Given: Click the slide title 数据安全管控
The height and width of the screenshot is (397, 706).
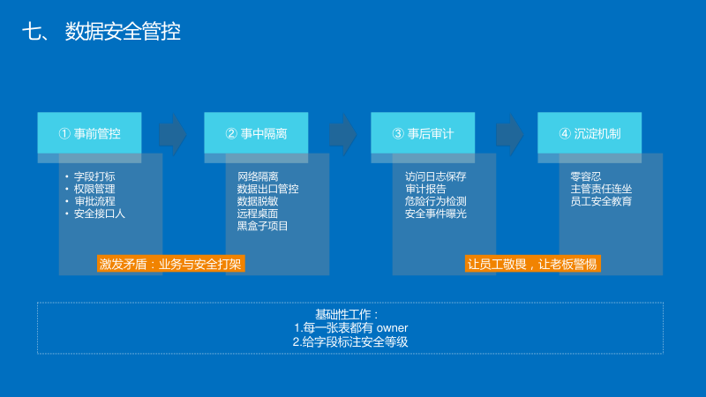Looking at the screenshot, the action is point(123,33).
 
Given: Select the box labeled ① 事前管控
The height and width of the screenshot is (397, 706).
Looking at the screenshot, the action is point(89,133).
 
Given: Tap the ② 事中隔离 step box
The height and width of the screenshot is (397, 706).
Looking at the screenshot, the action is point(256,133).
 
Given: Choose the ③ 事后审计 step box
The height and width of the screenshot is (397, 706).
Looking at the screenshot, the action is point(423,133).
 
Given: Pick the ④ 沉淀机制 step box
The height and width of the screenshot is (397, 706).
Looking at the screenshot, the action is point(590,133).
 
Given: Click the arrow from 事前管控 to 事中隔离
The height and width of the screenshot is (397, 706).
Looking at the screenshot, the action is point(173,133).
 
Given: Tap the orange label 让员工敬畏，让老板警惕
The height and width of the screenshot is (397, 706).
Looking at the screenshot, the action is point(532,264).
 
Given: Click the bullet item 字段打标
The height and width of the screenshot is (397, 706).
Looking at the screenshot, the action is point(94,176).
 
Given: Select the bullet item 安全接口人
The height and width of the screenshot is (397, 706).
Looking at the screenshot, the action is point(100,213).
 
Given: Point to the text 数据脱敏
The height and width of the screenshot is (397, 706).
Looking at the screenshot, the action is point(258,201).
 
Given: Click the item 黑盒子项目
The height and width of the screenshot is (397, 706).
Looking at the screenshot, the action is point(263,226).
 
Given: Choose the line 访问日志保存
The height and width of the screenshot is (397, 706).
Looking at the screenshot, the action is point(435,176).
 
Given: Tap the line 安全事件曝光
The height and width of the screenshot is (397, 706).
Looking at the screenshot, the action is point(435,213).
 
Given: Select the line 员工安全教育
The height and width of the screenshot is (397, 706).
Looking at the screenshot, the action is point(601,201).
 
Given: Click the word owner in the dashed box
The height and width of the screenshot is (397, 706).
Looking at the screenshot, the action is point(392,328).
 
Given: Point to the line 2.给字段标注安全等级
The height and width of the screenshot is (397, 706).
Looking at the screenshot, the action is point(350,341).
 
